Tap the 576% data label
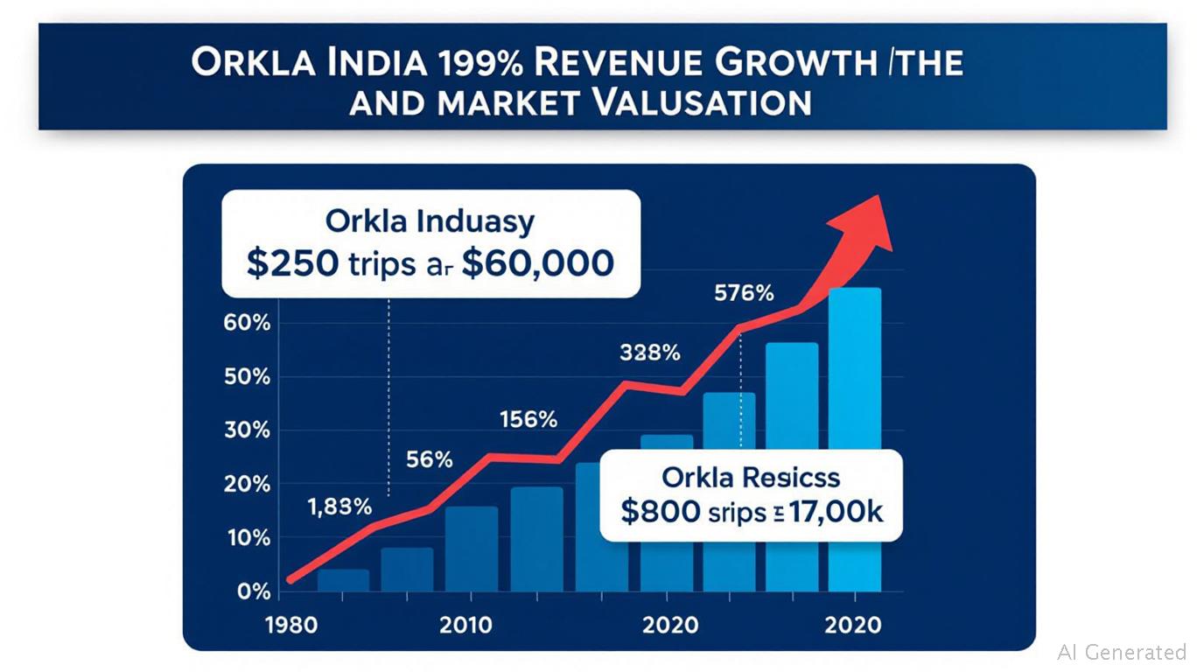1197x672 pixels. [745, 294]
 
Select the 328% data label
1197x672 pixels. [649, 353]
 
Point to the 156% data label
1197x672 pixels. [528, 419]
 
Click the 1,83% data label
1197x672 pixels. [339, 506]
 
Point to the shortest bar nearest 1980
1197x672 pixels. [343, 580]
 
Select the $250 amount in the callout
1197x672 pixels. [291, 263]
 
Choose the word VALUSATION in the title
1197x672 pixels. [693, 101]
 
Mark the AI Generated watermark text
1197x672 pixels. [1121, 652]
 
